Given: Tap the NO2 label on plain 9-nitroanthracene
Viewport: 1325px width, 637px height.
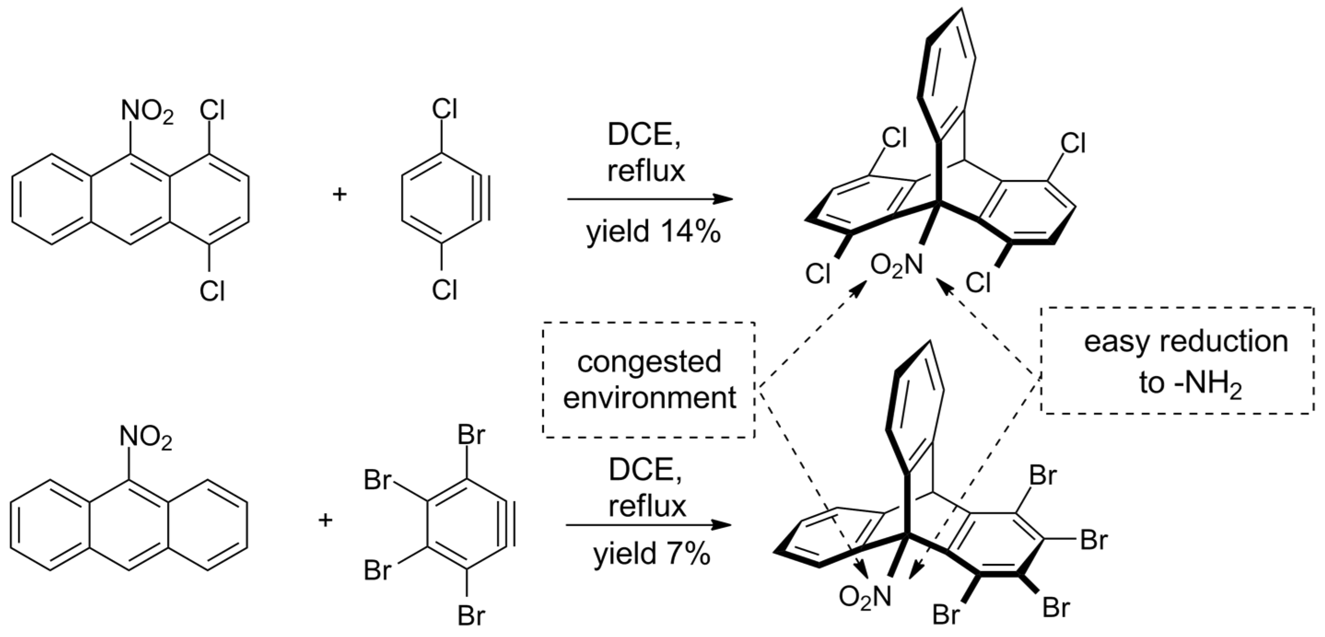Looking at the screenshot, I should pyautogui.click(x=146, y=439).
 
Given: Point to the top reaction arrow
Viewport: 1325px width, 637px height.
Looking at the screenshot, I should pyautogui.click(x=650, y=199).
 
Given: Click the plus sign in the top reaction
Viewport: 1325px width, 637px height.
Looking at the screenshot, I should pyautogui.click(x=339, y=195).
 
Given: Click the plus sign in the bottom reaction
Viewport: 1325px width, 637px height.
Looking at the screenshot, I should pyautogui.click(x=325, y=520).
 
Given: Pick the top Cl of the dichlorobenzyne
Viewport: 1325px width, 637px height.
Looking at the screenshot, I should pyautogui.click(x=445, y=109).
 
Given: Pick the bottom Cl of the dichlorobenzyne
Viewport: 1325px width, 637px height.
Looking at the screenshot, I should pyautogui.click(x=445, y=290).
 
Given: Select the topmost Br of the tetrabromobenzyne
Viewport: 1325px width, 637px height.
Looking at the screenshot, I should pyautogui.click(x=471, y=436).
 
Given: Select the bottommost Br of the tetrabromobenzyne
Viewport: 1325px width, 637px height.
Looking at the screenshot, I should pyautogui.click(x=471, y=615).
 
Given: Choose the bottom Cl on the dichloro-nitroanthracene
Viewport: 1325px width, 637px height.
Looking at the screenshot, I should pyautogui.click(x=212, y=291).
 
